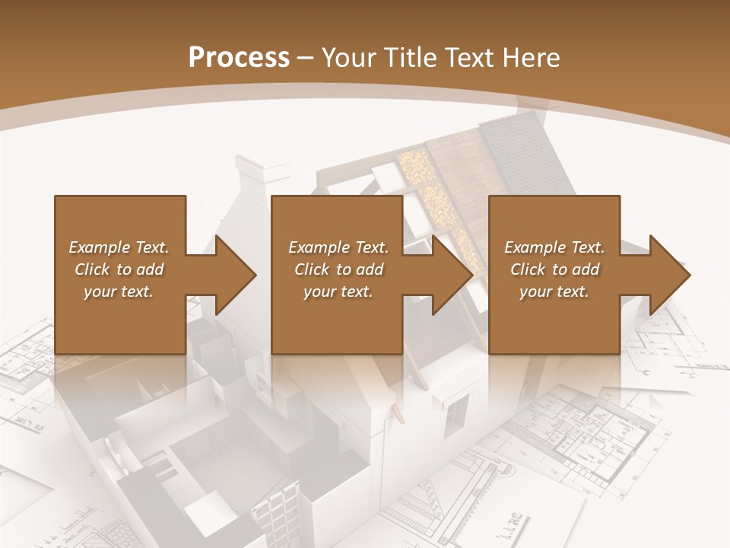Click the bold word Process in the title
(239, 58)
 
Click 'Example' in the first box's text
(99, 247)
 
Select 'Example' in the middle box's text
(319, 247)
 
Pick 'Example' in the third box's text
(535, 247)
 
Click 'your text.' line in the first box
(119, 292)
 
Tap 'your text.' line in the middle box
(338, 292)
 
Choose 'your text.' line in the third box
(554, 292)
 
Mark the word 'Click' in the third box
(528, 269)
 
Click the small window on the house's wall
(455, 415)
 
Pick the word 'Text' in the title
(466, 58)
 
